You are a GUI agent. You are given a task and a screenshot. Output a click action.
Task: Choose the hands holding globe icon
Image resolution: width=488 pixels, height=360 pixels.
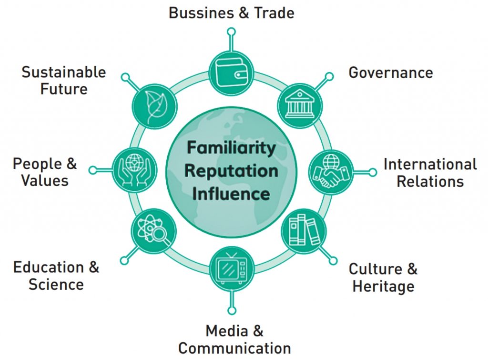pyautogui.click(x=134, y=170)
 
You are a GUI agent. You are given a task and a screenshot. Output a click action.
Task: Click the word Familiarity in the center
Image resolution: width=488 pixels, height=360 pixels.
pyautogui.click(x=231, y=148)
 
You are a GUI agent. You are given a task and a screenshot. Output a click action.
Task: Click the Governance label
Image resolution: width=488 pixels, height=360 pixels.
pyautogui.click(x=391, y=73)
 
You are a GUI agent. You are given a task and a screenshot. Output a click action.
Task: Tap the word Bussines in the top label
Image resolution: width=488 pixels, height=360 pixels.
pyautogui.click(x=202, y=13)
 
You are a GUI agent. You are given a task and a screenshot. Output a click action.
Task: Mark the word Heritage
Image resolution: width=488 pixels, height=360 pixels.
pyautogui.click(x=383, y=287)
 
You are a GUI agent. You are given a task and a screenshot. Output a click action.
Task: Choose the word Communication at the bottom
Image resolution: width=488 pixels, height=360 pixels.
pyautogui.click(x=234, y=348)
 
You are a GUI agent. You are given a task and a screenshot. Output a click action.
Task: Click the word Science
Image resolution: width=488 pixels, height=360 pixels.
pyautogui.click(x=56, y=285)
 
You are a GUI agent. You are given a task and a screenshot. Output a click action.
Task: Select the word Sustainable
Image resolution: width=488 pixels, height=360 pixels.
pyautogui.click(x=64, y=72)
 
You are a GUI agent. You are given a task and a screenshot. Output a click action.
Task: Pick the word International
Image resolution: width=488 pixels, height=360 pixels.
pyautogui.click(x=430, y=165)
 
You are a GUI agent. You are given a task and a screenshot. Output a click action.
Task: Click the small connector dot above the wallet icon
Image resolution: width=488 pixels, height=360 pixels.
pyautogui.click(x=231, y=32)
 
